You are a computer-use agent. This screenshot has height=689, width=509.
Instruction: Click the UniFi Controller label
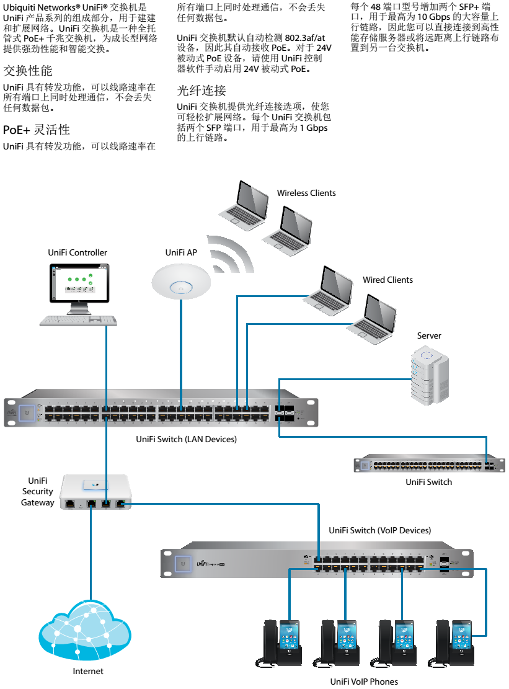tap(77, 252)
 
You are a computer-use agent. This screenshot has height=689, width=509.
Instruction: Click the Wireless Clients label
tap(306, 193)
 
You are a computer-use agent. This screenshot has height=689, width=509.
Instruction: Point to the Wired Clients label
tap(387, 280)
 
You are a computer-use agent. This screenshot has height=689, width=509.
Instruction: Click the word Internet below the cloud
tap(88, 671)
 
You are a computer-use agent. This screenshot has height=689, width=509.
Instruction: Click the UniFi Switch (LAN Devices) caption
tap(186, 439)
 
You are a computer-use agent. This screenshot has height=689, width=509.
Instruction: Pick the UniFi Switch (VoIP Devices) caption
tap(379, 530)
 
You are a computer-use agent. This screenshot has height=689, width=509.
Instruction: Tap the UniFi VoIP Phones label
tap(364, 682)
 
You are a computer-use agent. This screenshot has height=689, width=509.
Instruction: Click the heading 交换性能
tap(28, 71)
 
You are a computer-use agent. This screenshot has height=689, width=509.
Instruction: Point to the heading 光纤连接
tap(201, 91)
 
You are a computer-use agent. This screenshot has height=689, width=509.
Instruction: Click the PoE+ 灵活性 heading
tap(37, 130)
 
